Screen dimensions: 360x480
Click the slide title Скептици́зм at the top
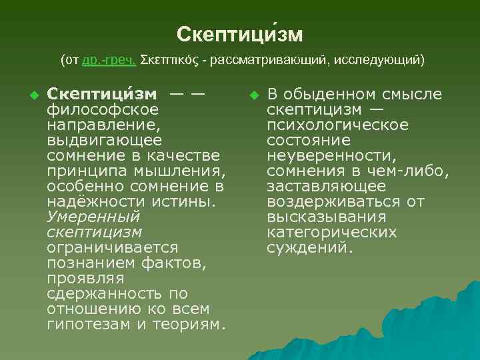click(240, 34)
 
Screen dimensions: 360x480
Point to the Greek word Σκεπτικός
click(171, 61)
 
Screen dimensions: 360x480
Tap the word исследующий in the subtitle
click(381, 61)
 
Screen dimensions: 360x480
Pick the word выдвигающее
click(104, 140)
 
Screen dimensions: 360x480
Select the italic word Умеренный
click(93, 217)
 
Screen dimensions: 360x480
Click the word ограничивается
click(112, 247)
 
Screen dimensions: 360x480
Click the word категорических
click(331, 233)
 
